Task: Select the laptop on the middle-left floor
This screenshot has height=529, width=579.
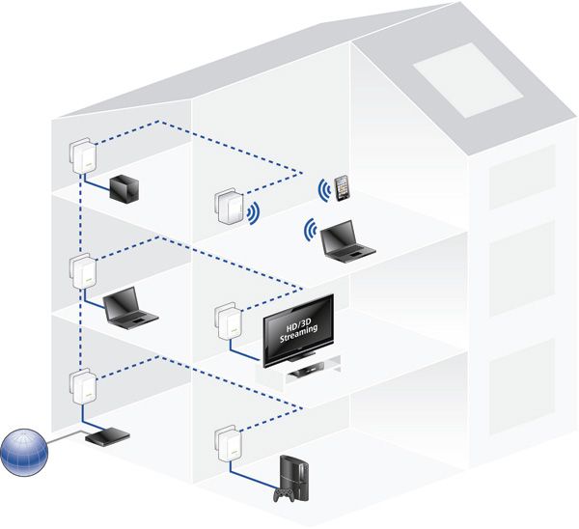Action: (129, 306)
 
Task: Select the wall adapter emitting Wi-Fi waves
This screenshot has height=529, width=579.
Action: (228, 205)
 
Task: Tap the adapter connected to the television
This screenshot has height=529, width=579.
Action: (225, 322)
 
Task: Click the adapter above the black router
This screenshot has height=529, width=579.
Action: (80, 385)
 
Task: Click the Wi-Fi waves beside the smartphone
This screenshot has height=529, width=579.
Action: (322, 189)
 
